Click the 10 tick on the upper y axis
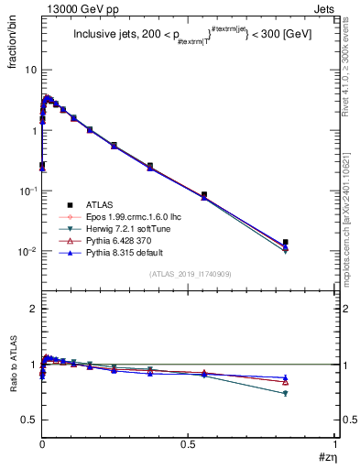[x=30, y=71]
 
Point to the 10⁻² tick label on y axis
[x=27, y=251]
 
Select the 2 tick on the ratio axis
[x=33, y=309]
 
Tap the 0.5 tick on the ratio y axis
[x=29, y=420]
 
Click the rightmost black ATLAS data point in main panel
[x=286, y=242]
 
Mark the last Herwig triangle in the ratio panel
[x=286, y=393]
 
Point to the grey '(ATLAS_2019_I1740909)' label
[x=189, y=274]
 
